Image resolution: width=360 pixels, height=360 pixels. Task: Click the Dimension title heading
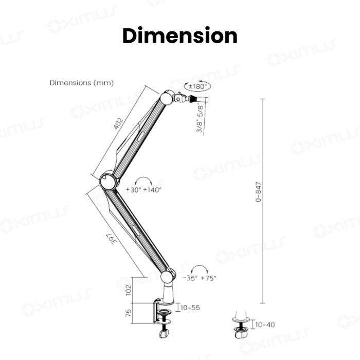coord(180,36)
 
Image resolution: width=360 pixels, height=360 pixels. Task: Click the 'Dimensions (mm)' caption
coord(81,83)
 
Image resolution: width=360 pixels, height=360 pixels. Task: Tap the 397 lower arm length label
coord(110,240)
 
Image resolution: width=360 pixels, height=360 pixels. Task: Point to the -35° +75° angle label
coord(200,278)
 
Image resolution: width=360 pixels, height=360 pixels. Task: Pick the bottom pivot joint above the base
coord(167,277)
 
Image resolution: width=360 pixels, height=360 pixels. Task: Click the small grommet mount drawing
coord(240,325)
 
